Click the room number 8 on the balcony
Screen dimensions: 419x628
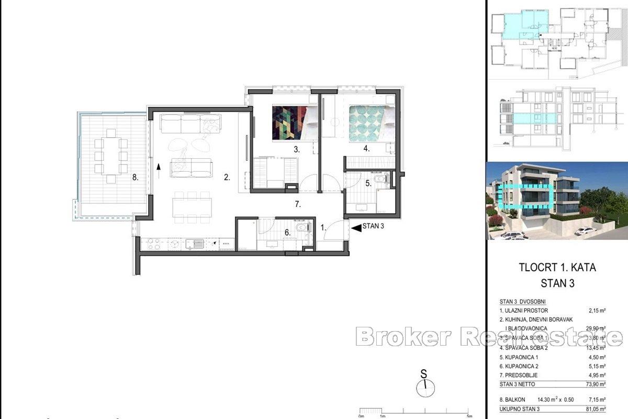(x=135, y=178)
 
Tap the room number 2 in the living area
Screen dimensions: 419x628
(x=227, y=178)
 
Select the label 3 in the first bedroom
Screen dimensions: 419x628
(x=296, y=149)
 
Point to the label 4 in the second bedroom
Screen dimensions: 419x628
(x=367, y=149)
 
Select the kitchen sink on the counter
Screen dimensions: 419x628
(x=197, y=243)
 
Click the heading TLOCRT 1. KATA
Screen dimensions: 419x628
(x=557, y=268)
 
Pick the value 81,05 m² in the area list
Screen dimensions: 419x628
(x=595, y=409)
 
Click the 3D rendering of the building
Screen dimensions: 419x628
(x=557, y=201)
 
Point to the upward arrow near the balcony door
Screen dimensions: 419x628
(x=158, y=167)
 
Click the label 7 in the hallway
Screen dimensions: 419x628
(x=298, y=204)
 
